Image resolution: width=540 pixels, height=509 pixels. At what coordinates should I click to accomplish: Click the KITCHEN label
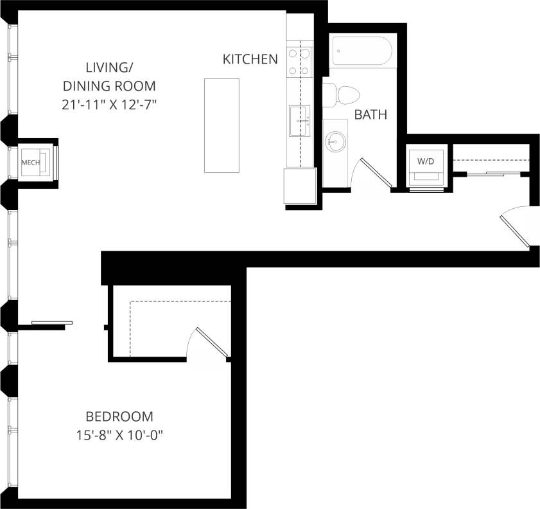pyautogui.click(x=250, y=59)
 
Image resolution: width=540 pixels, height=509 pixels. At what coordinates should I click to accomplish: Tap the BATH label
pyautogui.click(x=370, y=115)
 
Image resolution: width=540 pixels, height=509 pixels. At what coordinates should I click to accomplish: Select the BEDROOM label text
pyautogui.click(x=120, y=416)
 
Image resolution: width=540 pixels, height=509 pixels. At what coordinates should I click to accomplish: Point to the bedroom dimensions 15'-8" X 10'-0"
pyautogui.click(x=120, y=435)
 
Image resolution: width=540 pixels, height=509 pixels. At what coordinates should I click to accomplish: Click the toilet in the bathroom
pyautogui.click(x=340, y=95)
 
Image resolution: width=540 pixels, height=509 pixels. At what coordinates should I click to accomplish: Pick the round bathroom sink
pyautogui.click(x=335, y=140)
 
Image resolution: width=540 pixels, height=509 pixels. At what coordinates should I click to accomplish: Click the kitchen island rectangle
pyautogui.click(x=222, y=125)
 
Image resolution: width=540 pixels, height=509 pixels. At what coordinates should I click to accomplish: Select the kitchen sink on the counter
pyautogui.click(x=299, y=121)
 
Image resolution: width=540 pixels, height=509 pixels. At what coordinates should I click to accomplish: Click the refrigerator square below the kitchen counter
pyautogui.click(x=300, y=186)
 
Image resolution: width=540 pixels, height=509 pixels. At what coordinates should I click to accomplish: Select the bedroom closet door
pyautogui.click(x=210, y=343)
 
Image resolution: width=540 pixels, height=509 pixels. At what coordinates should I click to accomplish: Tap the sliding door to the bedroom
pyautogui.click(x=51, y=323)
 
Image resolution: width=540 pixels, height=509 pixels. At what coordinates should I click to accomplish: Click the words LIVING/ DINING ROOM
pyautogui.click(x=109, y=76)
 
